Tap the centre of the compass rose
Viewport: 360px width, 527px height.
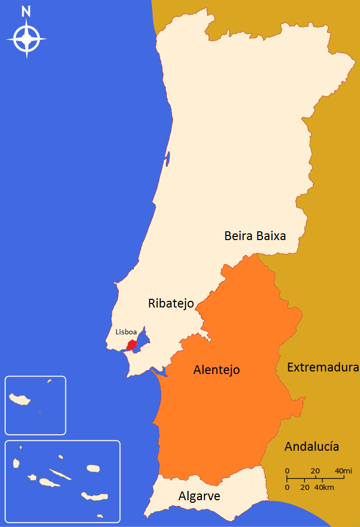[x=26, y=39]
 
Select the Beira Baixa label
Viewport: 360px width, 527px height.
[x=255, y=236]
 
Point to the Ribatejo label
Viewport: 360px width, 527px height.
[x=171, y=303]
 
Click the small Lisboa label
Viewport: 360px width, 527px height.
[x=126, y=332]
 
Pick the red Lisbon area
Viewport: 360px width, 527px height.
[x=132, y=345]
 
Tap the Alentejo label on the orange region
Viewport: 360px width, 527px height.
[x=216, y=370]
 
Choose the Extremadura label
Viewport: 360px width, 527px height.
[x=322, y=368]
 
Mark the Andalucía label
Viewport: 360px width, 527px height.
[x=312, y=447]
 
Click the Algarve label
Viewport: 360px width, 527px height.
[x=199, y=497]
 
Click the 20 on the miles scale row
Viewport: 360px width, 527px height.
[x=315, y=471]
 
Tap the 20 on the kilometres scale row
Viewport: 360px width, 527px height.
[x=305, y=487]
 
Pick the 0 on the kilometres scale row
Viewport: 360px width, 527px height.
[x=287, y=487]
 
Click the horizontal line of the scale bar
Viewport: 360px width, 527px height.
[x=309, y=479]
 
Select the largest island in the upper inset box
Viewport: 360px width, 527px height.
[x=21, y=399]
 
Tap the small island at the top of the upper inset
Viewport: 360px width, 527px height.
[x=49, y=382]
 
